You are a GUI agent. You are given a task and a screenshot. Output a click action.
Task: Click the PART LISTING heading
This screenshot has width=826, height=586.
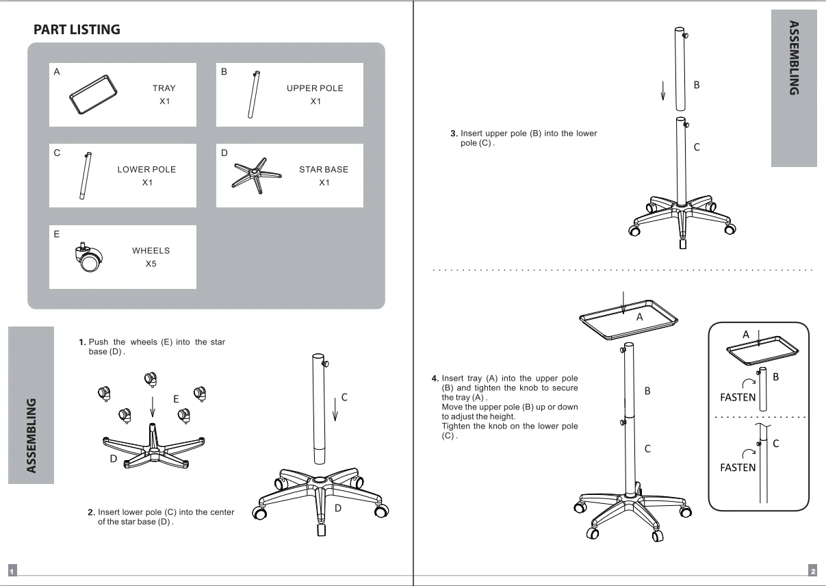pyautogui.click(x=77, y=29)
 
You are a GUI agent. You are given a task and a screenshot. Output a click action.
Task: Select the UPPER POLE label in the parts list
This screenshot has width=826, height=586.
pyautogui.click(x=315, y=88)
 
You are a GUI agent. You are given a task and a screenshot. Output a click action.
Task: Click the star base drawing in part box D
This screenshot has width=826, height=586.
pyautogui.click(x=256, y=173)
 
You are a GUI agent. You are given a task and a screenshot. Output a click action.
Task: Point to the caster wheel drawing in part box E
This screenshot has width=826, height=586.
pyautogui.click(x=88, y=258)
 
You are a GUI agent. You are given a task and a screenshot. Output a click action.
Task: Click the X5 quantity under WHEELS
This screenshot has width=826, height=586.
pyautogui.click(x=151, y=264)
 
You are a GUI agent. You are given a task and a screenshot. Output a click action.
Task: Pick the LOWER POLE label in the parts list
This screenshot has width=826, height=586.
pyautogui.click(x=146, y=169)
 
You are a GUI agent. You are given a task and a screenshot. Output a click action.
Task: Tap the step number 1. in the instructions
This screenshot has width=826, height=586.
pyautogui.click(x=82, y=342)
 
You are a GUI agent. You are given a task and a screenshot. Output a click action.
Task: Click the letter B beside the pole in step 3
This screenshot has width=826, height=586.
pyautogui.click(x=697, y=85)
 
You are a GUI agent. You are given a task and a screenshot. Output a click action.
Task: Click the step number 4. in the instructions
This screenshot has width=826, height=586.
pyautogui.click(x=435, y=378)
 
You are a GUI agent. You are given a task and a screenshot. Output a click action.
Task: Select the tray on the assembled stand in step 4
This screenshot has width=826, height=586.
pyautogui.click(x=628, y=320)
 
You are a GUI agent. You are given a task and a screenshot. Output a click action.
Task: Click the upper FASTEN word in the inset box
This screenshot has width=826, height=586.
pyautogui.click(x=738, y=397)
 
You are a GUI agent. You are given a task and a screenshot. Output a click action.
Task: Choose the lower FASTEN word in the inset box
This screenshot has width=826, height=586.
pyautogui.click(x=738, y=468)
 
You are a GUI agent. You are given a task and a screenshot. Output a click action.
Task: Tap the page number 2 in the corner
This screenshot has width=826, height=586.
pyautogui.click(x=812, y=571)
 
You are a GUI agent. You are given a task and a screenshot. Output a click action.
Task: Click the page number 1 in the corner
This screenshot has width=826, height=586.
pyautogui.click(x=12, y=571)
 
